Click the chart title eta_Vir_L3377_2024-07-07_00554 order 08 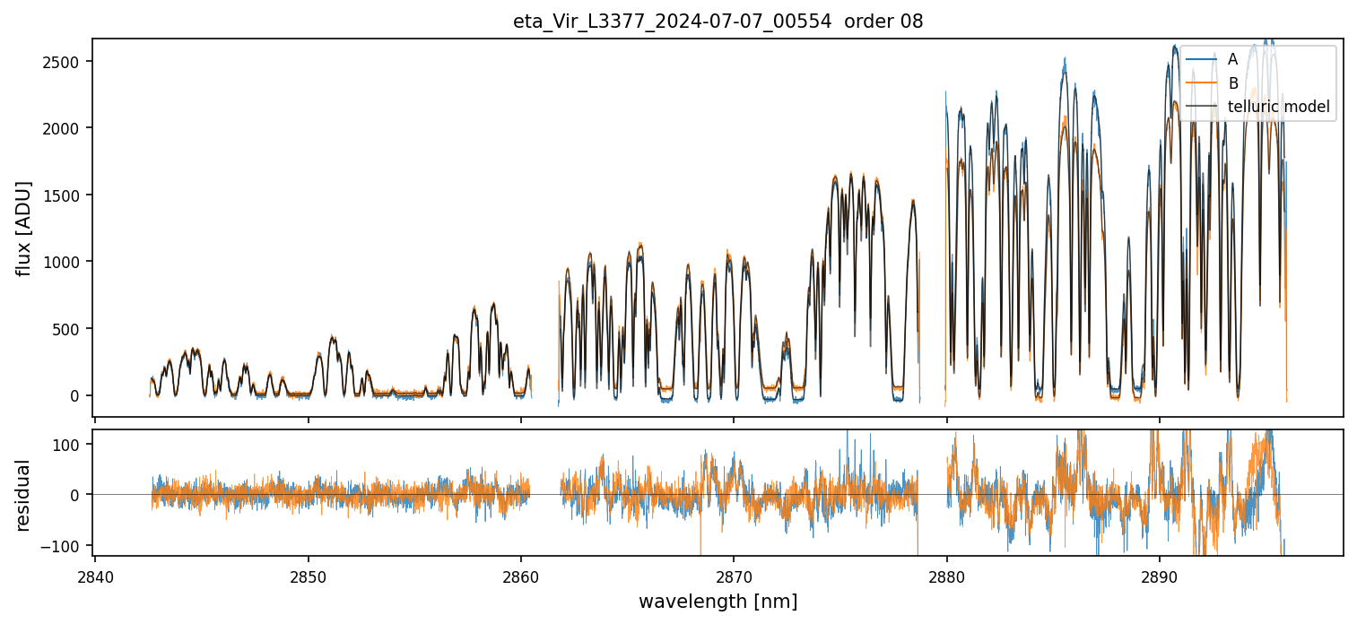tap(718, 22)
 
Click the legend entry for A tap(1232, 59)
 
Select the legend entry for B tap(1232, 83)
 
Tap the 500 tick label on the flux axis tap(73, 329)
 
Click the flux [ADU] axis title tap(24, 228)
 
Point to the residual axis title tap(24, 495)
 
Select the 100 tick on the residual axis tap(73, 444)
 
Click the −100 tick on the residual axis tap(68, 545)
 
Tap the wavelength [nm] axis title tap(718, 601)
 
